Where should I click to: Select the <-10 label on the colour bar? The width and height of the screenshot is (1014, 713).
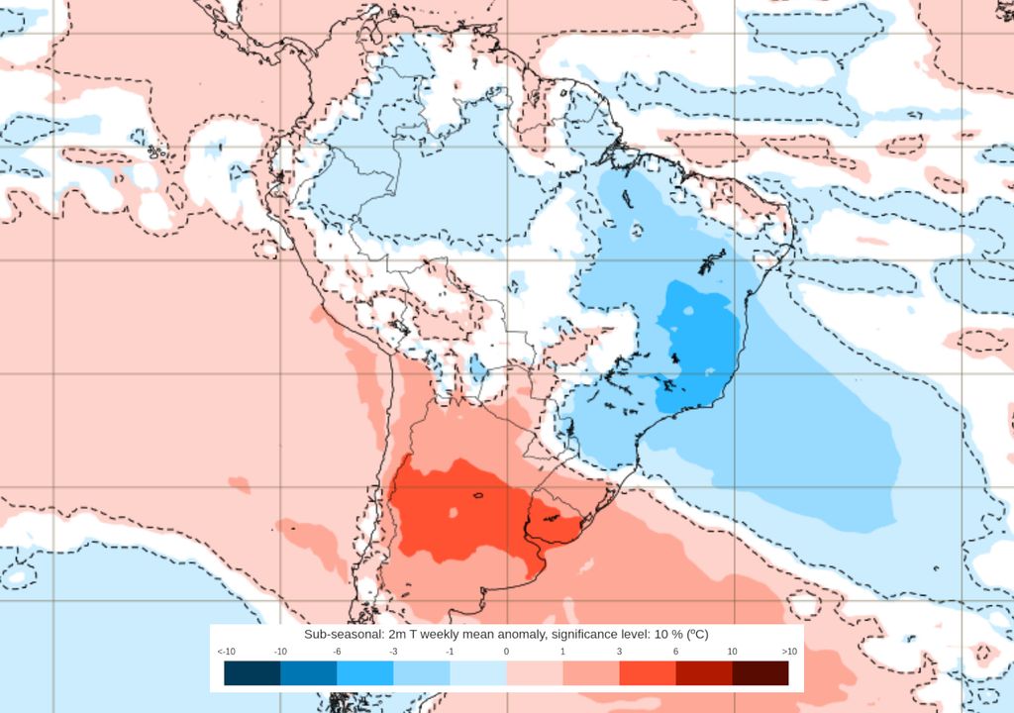[225, 652]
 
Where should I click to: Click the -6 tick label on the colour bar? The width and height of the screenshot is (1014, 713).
[337, 652]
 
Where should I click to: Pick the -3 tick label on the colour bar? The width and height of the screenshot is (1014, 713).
[393, 652]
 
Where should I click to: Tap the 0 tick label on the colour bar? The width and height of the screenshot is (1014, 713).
[506, 652]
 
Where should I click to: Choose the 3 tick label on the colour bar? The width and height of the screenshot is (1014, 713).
[619, 652]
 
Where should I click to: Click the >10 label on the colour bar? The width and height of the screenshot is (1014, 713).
[788, 652]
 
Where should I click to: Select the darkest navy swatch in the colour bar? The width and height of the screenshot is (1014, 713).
[252, 673]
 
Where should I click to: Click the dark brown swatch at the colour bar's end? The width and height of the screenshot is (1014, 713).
[760, 673]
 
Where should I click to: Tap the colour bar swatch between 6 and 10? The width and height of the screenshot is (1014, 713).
[704, 673]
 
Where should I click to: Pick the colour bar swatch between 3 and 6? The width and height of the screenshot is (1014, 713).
[648, 673]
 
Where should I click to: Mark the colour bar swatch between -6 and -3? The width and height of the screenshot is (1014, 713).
[364, 673]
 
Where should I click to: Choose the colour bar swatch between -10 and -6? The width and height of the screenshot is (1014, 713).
[308, 673]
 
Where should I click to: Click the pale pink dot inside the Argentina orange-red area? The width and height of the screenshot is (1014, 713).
[452, 512]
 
